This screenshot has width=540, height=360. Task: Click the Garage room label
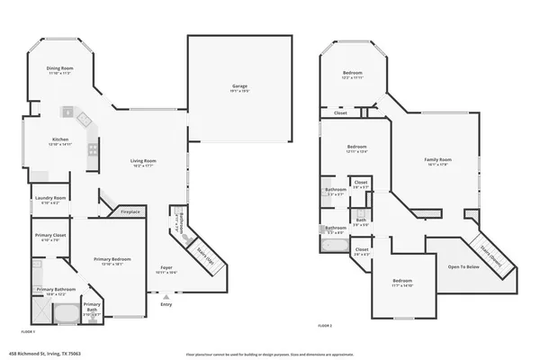point(239,86)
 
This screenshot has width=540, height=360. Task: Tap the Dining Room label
point(59,68)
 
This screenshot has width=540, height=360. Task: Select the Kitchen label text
point(59,139)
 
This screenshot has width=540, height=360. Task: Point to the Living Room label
point(144,161)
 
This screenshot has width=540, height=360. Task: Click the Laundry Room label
point(50,198)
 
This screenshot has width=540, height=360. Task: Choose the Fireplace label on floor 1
point(130,212)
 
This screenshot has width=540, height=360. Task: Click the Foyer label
point(166,267)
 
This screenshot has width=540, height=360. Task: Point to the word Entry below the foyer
point(166,304)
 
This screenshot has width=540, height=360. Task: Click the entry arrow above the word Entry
point(166,295)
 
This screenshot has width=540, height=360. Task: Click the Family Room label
point(437,160)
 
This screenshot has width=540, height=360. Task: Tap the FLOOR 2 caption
point(325,324)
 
